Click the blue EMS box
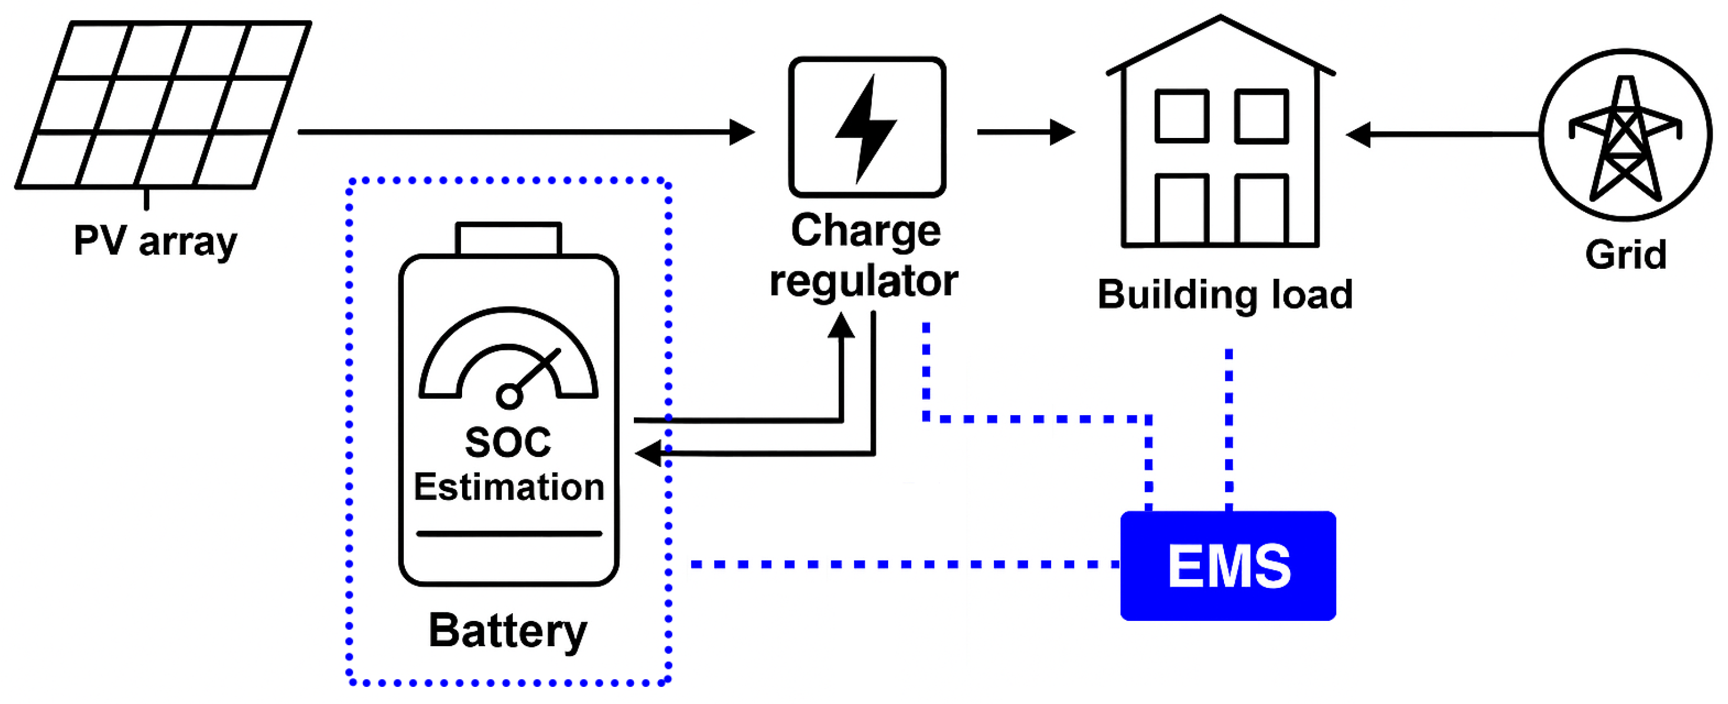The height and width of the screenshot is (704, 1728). pos(1228,565)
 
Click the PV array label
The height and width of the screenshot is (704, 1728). pos(155,241)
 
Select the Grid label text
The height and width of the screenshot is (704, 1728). pos(1625,254)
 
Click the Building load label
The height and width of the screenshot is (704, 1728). pos(1225,294)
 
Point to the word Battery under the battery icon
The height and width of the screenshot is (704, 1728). pos(508,631)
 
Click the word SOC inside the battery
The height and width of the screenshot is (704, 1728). pos(508,443)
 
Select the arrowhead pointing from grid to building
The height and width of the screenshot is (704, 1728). pos(1359,134)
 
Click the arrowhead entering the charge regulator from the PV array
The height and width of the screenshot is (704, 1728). pos(741,132)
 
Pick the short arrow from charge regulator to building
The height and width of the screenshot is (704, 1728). pos(1026,132)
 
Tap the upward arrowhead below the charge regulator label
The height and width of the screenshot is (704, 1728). pos(840,326)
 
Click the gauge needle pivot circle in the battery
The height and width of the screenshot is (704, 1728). pos(509,396)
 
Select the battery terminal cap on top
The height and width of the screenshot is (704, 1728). pos(509,239)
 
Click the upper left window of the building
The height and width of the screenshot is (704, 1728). pos(1182,116)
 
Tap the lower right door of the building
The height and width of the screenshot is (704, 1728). pos(1261,209)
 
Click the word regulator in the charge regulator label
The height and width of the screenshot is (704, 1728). pos(864,280)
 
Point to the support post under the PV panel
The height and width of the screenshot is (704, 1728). pos(146,199)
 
